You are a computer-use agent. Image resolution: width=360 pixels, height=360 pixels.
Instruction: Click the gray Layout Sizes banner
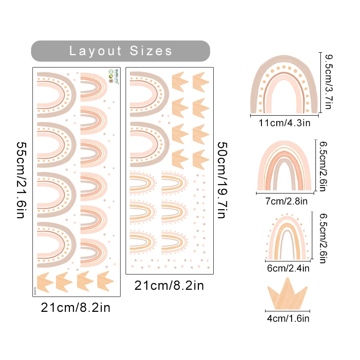(120, 51)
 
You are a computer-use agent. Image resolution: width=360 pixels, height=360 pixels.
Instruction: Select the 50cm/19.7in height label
(223, 180)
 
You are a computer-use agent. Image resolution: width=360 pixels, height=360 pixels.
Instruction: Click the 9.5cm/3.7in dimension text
(328, 81)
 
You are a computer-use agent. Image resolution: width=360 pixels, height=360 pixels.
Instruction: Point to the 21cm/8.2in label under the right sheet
(169, 286)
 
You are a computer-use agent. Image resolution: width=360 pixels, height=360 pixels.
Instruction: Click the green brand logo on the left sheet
(111, 73)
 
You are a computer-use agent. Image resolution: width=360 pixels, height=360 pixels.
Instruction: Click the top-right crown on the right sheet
(201, 81)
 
